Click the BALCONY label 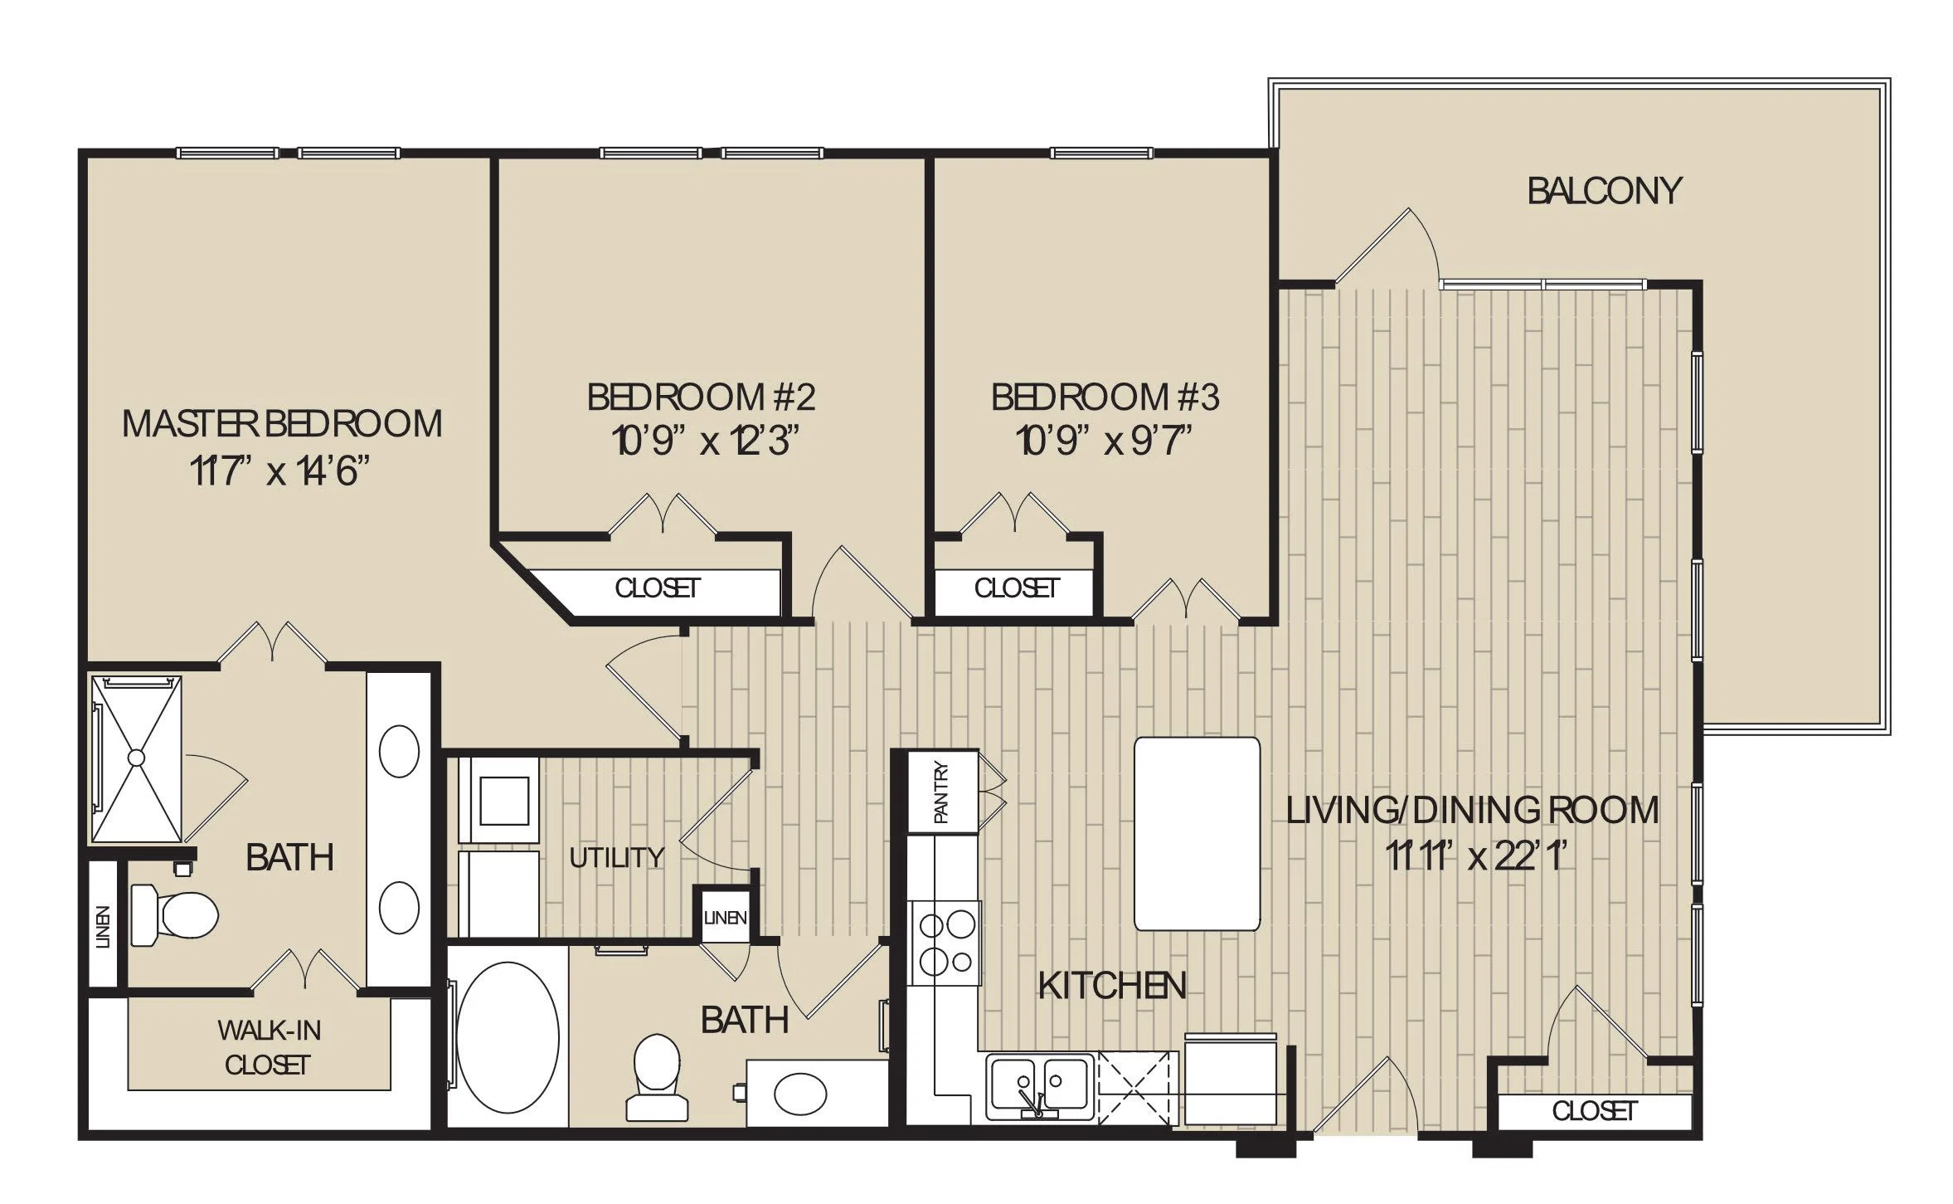tap(1604, 191)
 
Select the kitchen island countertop tap(1197, 834)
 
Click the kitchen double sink tap(1039, 1085)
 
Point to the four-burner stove tap(945, 943)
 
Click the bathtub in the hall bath tap(508, 1037)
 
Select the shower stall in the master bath tap(136, 758)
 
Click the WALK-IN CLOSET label tap(268, 1047)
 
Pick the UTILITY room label tap(616, 857)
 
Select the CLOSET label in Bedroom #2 tap(658, 588)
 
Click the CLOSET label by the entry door tap(1595, 1111)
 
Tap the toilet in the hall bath tap(657, 1078)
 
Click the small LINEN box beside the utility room tap(725, 918)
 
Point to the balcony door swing tap(1387, 245)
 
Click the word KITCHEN tap(1112, 986)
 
